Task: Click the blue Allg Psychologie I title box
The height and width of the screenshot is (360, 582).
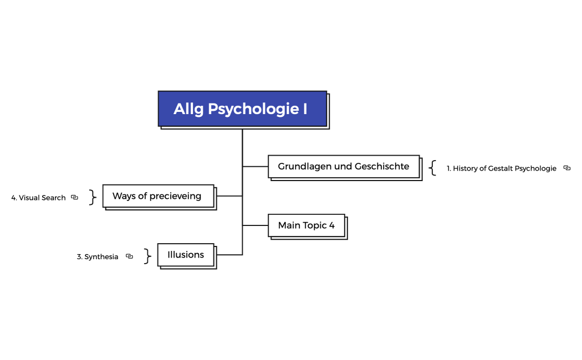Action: [242, 109]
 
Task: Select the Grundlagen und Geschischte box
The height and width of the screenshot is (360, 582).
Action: [344, 167]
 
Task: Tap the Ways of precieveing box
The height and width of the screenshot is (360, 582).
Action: [158, 196]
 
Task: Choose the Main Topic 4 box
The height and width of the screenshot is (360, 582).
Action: [306, 225]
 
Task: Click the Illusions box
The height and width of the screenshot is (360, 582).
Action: [186, 255]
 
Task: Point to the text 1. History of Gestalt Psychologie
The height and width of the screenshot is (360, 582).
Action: [501, 168]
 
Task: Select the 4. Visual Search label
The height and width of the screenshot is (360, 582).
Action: [38, 198]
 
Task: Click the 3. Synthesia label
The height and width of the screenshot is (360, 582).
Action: [98, 257]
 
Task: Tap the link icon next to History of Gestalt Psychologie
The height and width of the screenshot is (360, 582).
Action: [566, 168]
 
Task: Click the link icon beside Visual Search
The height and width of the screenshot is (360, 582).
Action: [74, 197]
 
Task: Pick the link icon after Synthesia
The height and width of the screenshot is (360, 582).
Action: [129, 256]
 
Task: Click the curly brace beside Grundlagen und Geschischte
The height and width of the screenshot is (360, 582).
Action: [433, 168]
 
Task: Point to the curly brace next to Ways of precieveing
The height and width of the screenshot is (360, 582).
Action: [93, 197]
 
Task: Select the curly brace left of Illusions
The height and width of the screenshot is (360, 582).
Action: [147, 256]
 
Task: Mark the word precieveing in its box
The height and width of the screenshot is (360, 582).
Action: [175, 196]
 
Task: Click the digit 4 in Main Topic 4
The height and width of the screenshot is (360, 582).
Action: [331, 225]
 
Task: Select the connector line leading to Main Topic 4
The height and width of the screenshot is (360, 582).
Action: [255, 225]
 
